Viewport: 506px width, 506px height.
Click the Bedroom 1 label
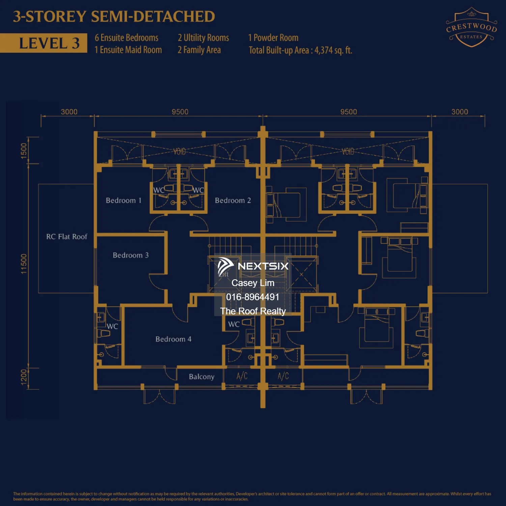tap(123, 200)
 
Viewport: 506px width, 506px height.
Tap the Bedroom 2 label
tap(233, 200)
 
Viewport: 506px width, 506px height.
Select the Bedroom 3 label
tap(131, 255)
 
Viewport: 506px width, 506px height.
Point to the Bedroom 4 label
tap(173, 339)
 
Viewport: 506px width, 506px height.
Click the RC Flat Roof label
tap(66, 237)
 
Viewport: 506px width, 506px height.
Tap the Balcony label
tap(201, 376)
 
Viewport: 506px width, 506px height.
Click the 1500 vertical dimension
tap(24, 150)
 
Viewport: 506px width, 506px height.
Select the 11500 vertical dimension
tap(24, 264)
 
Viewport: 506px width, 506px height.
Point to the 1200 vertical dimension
tap(24, 377)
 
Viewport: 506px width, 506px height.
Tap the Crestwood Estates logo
tap(471, 28)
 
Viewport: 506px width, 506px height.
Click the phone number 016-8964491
tap(253, 297)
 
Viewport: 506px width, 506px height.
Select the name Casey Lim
tap(253, 283)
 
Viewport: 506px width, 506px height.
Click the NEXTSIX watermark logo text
tap(263, 266)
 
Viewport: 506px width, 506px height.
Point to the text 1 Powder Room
tap(273, 38)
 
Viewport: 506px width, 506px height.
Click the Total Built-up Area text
tap(300, 50)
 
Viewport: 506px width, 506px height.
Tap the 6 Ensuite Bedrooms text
tap(126, 38)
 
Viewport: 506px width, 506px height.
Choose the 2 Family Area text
tap(199, 50)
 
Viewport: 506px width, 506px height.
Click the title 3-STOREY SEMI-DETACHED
tap(114, 17)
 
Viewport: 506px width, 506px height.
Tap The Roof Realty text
tap(253, 311)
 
